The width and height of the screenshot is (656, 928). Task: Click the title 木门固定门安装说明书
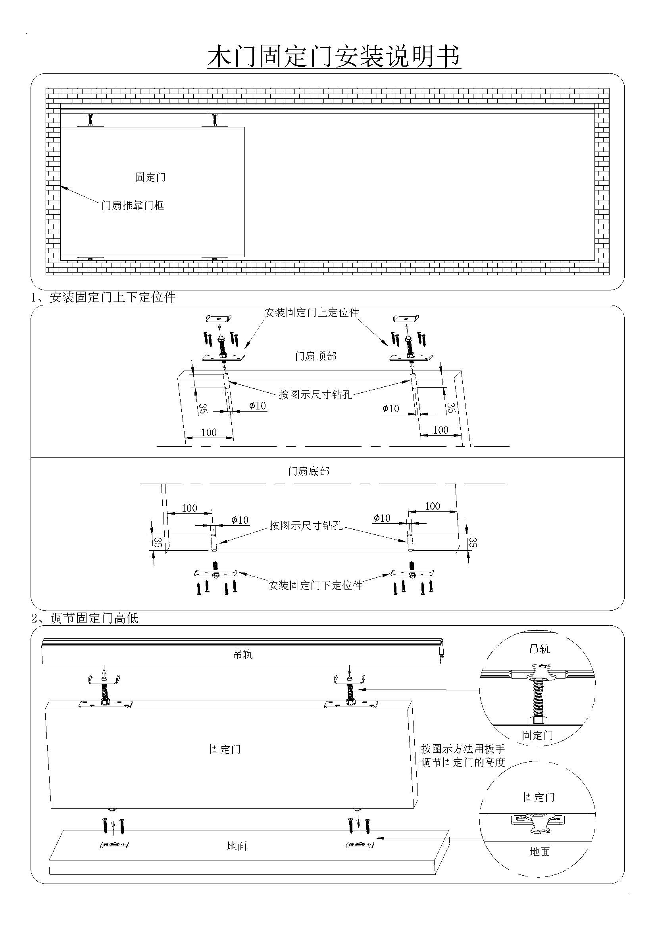(334, 57)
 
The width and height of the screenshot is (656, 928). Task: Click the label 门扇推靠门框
(133, 206)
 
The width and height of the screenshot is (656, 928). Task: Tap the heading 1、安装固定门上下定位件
(104, 298)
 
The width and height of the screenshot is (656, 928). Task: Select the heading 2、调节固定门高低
(85, 618)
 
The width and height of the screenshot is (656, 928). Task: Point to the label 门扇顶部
(315, 356)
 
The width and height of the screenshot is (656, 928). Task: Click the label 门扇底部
(309, 471)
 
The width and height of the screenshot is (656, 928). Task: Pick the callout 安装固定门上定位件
(312, 312)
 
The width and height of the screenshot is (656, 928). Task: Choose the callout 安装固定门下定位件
(315, 585)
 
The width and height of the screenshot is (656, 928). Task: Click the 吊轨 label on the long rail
(243, 654)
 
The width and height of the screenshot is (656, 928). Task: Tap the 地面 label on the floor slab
(237, 846)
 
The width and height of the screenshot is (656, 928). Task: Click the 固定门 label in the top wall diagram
(150, 177)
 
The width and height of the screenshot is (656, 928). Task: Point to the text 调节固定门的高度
(463, 763)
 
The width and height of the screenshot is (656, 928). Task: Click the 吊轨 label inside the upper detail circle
(540, 649)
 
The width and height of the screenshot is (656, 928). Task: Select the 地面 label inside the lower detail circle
(540, 851)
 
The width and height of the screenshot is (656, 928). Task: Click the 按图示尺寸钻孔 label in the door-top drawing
(315, 394)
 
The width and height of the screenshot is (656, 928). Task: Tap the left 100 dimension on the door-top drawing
(209, 432)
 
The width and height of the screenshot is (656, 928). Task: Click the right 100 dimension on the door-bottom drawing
(433, 506)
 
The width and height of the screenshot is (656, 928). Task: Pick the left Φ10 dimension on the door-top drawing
(258, 405)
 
